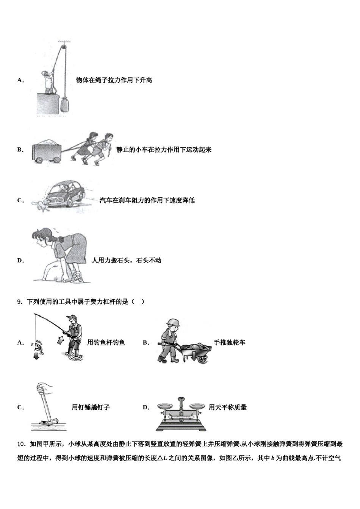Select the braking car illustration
tap(67, 194)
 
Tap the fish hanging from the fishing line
tap(38, 345)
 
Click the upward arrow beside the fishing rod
tap(59, 340)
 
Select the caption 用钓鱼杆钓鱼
tap(106, 343)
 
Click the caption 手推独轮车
tap(229, 343)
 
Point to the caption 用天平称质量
tap(228, 408)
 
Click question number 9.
tap(20, 302)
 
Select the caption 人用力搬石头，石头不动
tap(127, 261)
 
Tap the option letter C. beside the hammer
tap(21, 408)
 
